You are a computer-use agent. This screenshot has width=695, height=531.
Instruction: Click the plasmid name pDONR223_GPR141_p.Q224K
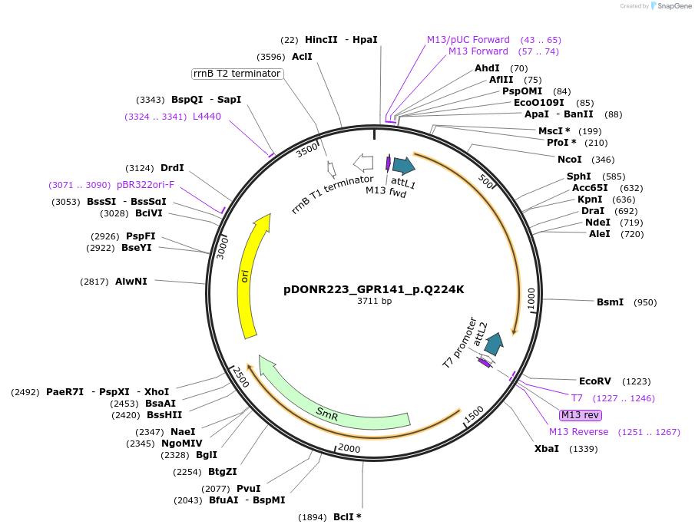[374, 289]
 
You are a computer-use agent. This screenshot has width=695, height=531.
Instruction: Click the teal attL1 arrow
[403, 165]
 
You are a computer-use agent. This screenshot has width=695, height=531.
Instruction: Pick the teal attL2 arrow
[494, 344]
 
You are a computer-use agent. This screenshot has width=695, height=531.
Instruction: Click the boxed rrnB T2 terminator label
[237, 74]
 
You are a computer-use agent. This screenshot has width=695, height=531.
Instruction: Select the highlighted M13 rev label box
[580, 415]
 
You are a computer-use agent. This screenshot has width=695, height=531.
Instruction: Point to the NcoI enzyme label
[569, 160]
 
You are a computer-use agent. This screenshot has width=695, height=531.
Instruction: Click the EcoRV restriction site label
[594, 381]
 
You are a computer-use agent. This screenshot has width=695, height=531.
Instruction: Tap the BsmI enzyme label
[610, 302]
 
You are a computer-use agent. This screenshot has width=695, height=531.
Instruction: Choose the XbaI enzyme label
[547, 448]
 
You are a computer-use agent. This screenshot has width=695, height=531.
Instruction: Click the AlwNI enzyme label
[131, 282]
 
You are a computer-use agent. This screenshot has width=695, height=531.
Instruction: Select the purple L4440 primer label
[207, 117]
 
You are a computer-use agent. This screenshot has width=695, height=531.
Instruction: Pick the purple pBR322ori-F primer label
[146, 185]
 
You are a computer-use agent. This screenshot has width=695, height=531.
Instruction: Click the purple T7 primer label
[577, 397]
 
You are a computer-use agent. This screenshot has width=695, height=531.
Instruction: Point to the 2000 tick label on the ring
[349, 448]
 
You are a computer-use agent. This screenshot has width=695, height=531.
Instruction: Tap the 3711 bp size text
[374, 302]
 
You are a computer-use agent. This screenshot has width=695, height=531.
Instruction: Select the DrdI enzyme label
[172, 168]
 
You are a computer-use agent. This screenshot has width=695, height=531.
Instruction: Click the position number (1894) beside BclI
[313, 517]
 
